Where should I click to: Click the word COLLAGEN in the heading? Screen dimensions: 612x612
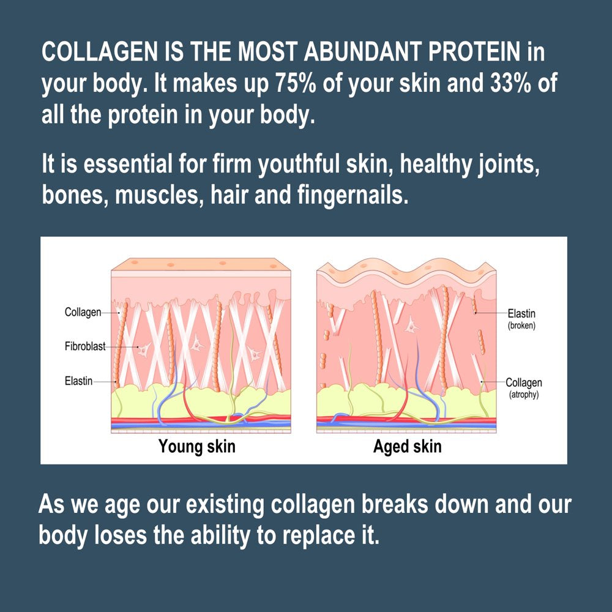coord(100,51)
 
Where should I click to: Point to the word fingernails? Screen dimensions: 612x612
coord(353,195)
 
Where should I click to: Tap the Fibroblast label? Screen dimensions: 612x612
coord(85,346)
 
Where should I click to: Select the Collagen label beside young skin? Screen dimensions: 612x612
coord(83,312)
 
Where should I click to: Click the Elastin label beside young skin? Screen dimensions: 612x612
coord(78,381)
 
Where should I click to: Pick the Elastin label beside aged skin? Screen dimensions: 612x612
coord(521,313)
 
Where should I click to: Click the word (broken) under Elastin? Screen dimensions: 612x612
coord(521,326)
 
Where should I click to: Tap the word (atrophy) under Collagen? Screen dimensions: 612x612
coord(524,395)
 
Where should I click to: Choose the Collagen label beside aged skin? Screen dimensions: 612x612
coord(524,382)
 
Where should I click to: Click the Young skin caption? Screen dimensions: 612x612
coord(196,447)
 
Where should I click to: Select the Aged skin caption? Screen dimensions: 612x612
coord(407,447)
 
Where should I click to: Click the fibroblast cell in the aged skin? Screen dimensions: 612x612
coord(411,325)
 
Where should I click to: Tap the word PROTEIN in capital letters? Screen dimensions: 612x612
coord(474,51)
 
